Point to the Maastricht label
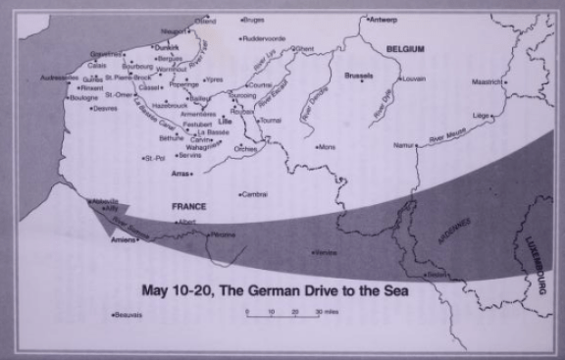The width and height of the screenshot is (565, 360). (x=488, y=81)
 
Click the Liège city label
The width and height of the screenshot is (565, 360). (x=482, y=115)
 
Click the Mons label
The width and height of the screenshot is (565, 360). (x=328, y=147)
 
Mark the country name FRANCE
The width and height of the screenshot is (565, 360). (x=190, y=208)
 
